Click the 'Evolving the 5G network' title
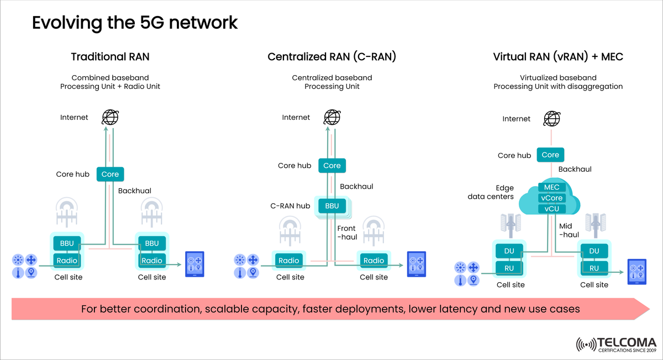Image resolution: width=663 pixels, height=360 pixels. point(135,23)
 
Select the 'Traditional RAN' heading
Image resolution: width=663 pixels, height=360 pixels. point(110,57)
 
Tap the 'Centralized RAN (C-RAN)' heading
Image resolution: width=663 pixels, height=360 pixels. point(331,57)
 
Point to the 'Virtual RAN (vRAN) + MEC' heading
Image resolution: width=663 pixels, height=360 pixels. point(558,57)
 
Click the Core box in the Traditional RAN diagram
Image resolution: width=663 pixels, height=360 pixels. point(110,174)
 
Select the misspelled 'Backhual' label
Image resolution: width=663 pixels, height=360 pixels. point(135,191)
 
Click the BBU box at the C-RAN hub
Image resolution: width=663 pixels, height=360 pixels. point(331,206)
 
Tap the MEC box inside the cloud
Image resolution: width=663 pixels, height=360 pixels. point(551,187)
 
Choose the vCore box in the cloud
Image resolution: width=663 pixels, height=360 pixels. point(551,198)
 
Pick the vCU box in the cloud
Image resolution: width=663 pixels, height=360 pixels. point(551,209)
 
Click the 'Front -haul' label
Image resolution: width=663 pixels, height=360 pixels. point(347,232)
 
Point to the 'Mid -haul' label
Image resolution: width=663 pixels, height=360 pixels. point(569,230)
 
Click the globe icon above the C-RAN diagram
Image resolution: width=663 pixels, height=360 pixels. point(331,117)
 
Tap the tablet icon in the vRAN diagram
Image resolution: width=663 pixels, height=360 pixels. point(636,271)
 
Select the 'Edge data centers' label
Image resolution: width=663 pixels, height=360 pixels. point(491,192)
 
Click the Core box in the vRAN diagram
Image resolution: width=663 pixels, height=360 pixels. point(550,155)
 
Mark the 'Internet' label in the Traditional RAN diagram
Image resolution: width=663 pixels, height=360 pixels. point(74,118)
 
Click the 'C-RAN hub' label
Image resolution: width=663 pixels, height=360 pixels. point(290,206)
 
